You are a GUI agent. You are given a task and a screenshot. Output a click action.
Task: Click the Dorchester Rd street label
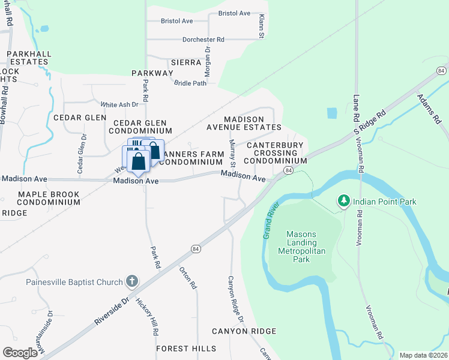tap(203, 40)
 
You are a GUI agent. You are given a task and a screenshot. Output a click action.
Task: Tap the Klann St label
tap(262, 28)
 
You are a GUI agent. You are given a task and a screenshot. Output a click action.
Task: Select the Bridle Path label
tap(190, 83)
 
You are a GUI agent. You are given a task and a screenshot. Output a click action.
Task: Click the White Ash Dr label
tap(119, 104)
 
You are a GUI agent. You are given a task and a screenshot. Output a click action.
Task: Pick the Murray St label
tap(232, 154)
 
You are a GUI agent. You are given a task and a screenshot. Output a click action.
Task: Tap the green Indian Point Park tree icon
tap(343, 201)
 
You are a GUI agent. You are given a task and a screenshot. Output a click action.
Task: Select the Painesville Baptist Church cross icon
tap(131, 281)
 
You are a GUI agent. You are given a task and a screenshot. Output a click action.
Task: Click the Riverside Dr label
tap(111, 310)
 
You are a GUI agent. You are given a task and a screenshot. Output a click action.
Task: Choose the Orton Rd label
tap(188, 278)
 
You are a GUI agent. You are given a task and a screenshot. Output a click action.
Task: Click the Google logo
tap(20, 352)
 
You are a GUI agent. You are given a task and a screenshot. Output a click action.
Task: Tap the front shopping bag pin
tap(138, 161)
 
